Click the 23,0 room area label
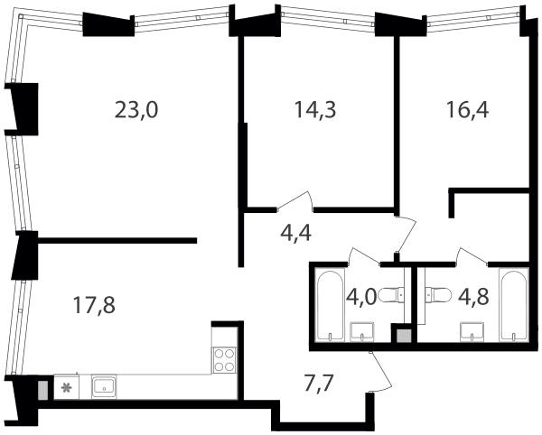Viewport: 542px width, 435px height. (x=136, y=111)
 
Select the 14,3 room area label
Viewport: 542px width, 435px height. (x=315, y=110)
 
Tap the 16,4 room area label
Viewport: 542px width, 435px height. (x=467, y=110)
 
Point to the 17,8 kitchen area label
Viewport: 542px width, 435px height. (x=94, y=306)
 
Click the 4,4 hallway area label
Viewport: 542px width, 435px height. (x=295, y=233)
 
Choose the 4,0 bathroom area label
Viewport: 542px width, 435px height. (x=360, y=297)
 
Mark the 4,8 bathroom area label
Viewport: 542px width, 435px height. (x=472, y=297)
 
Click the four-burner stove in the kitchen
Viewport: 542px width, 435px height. (x=224, y=360)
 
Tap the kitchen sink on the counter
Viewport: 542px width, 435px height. (x=104, y=387)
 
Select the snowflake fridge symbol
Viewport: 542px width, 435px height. (x=66, y=388)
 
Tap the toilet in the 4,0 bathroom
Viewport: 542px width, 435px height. (x=391, y=295)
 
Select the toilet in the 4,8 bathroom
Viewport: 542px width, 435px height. (x=437, y=295)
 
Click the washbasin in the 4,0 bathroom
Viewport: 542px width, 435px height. (x=362, y=331)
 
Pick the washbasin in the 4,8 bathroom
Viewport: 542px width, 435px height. (x=472, y=331)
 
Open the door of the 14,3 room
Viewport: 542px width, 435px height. (x=294, y=201)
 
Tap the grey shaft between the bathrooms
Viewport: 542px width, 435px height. (x=404, y=335)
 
